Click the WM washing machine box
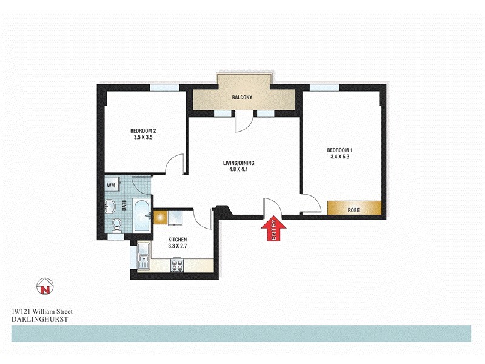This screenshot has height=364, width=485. click(112, 184)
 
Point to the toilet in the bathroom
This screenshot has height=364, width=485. click(117, 225)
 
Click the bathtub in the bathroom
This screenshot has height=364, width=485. click(142, 216)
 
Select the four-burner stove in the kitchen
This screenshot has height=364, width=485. click(178, 265)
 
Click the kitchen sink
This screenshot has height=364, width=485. click(143, 256)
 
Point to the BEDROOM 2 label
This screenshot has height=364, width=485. click(143, 131)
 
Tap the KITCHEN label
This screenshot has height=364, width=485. click(178, 240)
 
